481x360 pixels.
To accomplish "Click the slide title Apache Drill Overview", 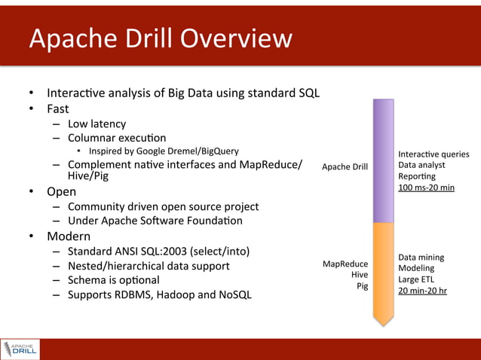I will pyautogui.click(x=160, y=38).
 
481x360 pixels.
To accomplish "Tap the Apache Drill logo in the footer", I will pyautogui.click(x=20, y=349).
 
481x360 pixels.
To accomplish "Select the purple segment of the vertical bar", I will pyautogui.click(x=384, y=161).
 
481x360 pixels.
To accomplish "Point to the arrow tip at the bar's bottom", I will pyautogui.click(x=384, y=322).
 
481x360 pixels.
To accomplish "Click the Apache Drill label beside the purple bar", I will pyautogui.click(x=345, y=166).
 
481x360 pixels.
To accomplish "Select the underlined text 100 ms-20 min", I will pyautogui.click(x=426, y=187).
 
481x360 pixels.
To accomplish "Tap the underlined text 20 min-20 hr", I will pyautogui.click(x=422, y=290).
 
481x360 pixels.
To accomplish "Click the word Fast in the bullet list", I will pyautogui.click(x=57, y=108).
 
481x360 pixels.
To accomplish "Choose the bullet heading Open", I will pyautogui.click(x=61, y=191).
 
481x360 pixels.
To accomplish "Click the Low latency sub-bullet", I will pyautogui.click(x=97, y=124).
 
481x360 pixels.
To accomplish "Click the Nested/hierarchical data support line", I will pyautogui.click(x=149, y=265).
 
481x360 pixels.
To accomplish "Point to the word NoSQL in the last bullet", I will pyautogui.click(x=232, y=294).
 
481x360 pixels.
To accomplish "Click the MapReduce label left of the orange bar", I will pyautogui.click(x=345, y=264).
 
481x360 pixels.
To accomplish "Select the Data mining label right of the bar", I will pyautogui.click(x=421, y=257).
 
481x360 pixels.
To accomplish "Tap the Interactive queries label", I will pyautogui.click(x=434, y=154).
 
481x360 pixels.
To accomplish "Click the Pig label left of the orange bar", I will pyautogui.click(x=361, y=286).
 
